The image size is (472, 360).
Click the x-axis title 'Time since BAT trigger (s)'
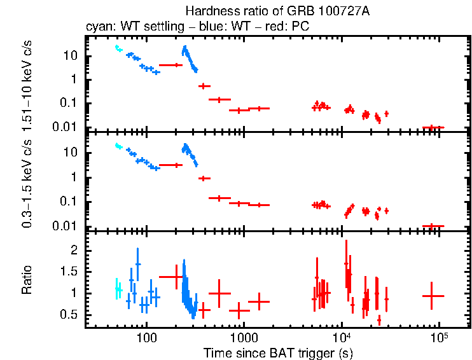pyautogui.click(x=278, y=352)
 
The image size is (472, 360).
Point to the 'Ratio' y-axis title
pyautogui.click(x=27, y=280)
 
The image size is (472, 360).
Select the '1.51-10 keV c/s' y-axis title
pyautogui.click(x=27, y=83)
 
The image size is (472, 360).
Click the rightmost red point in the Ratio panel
pyautogui.click(x=433, y=296)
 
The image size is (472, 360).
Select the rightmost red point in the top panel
pyautogui.click(x=433, y=127)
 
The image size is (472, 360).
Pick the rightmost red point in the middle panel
pyautogui.click(x=433, y=226)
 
